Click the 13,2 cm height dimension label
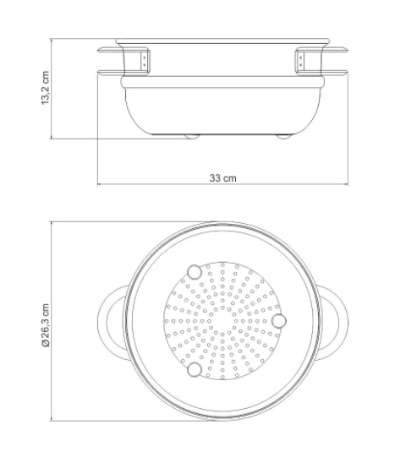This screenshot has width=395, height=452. [46, 88]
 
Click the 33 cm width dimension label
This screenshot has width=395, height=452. [222, 178]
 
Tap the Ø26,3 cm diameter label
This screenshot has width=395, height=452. [46, 324]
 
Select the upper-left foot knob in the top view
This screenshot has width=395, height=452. [195, 272]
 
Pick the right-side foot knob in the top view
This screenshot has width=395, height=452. [279, 321]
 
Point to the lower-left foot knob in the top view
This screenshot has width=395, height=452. [195, 369]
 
